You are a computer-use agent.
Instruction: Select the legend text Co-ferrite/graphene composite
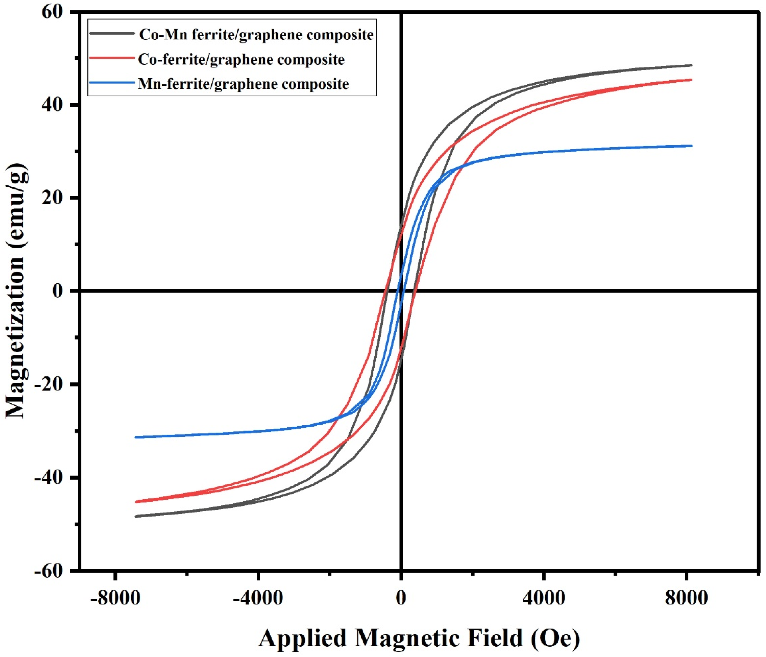[x=241, y=60]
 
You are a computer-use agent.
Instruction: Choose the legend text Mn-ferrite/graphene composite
[x=243, y=84]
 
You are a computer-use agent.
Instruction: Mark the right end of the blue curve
[x=691, y=146]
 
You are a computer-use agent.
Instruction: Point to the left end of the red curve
[x=136, y=502]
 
